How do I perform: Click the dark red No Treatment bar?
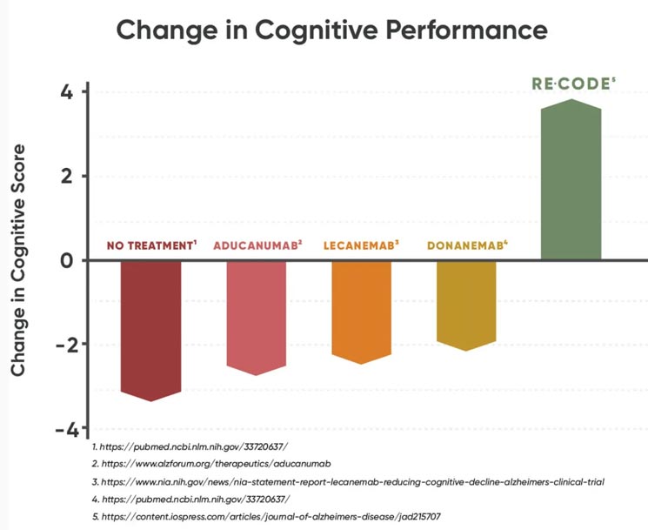click(x=150, y=329)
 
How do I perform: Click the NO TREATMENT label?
click(x=150, y=245)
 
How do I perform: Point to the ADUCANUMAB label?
click(x=257, y=245)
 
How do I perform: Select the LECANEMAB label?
click(x=361, y=245)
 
